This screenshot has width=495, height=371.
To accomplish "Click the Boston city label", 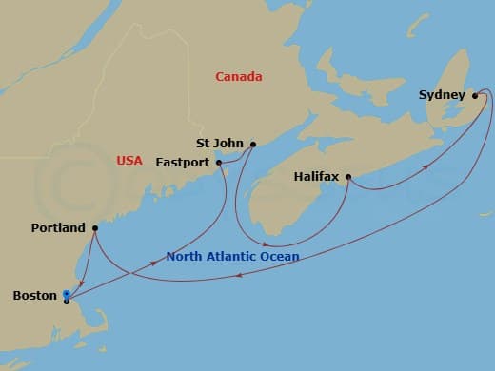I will (x=33, y=296).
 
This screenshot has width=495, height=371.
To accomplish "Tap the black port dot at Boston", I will (x=66, y=301).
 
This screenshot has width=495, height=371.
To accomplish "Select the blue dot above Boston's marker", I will (x=66, y=293).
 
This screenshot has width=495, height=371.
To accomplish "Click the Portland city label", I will (x=57, y=228).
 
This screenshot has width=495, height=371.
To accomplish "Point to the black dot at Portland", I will (x=95, y=228).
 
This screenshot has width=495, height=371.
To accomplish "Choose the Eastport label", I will (x=182, y=163).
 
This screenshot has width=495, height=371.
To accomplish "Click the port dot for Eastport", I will (x=219, y=163).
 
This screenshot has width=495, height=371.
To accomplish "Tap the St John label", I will (x=216, y=144).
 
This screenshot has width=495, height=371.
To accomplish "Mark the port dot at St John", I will (x=253, y=145).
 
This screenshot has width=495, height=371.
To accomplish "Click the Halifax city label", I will (x=316, y=177).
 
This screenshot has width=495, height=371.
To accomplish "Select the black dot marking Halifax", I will (x=348, y=177).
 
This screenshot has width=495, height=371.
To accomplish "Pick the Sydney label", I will (x=442, y=95).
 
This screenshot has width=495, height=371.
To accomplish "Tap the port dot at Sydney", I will (x=475, y=95).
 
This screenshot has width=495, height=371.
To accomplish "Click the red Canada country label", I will (x=239, y=76).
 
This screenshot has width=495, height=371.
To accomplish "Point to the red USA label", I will (x=129, y=160).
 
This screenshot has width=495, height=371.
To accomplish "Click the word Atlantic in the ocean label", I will (x=231, y=257).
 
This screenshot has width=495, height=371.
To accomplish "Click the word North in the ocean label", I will (x=185, y=257).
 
